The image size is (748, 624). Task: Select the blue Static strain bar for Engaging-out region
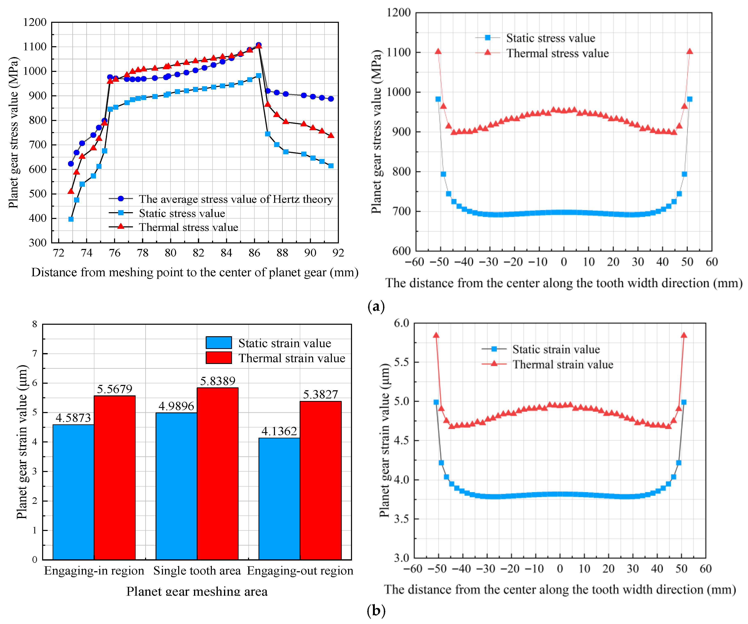[x=279, y=498]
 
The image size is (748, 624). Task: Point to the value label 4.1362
[x=279, y=431]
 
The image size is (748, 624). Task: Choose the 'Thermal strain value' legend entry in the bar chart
[x=291, y=358]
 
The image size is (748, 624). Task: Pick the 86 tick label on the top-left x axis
[x=254, y=253]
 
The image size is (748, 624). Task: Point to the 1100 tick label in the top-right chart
[x=399, y=52]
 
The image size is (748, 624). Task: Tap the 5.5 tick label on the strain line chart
[x=401, y=362]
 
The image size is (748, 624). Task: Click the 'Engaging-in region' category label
[x=94, y=571]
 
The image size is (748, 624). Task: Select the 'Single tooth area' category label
[x=197, y=571]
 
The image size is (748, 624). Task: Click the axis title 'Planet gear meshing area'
[x=197, y=591]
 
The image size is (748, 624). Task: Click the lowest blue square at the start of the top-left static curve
[x=71, y=219]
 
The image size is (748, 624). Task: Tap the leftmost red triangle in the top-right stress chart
[x=438, y=51]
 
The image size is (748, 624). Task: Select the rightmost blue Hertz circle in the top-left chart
[x=331, y=99]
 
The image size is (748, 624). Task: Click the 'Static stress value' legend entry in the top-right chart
[x=550, y=38]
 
